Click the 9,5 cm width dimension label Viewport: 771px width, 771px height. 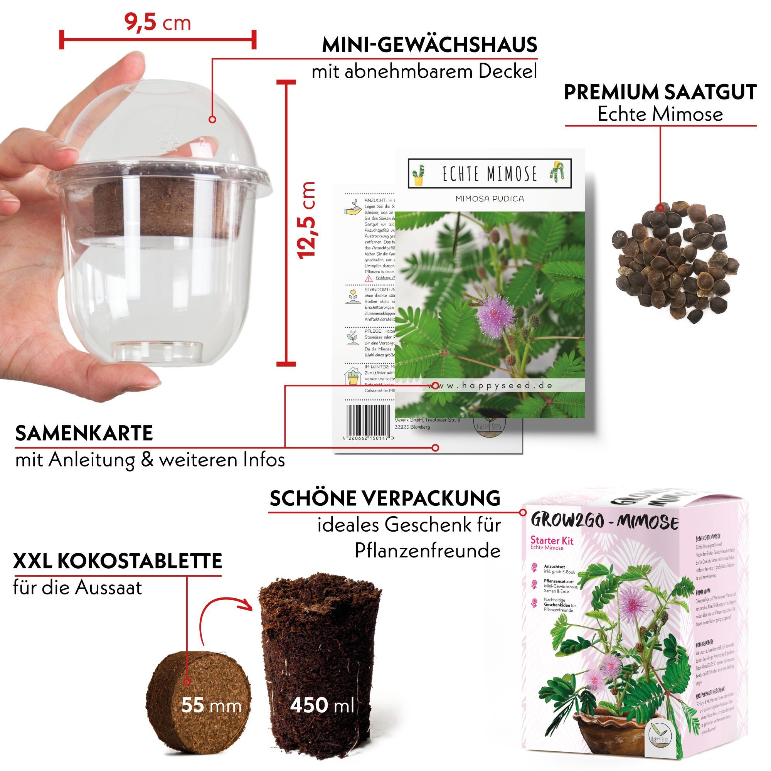pyautogui.click(x=158, y=23)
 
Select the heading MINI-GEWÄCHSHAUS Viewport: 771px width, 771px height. pyautogui.click(x=429, y=45)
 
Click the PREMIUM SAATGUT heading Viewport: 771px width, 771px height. pyautogui.click(x=660, y=92)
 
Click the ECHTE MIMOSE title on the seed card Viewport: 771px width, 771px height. pyautogui.click(x=490, y=173)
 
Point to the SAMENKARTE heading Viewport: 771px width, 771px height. pyautogui.click(x=84, y=433)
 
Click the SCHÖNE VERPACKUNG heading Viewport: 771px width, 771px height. pyautogui.click(x=385, y=498)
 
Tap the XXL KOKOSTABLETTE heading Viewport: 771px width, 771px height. pyautogui.click(x=117, y=561)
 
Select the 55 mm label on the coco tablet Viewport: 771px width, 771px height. pyautogui.click(x=211, y=705)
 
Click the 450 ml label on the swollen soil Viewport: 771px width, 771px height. pyautogui.click(x=322, y=705)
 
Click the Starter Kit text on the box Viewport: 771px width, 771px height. pyautogui.click(x=552, y=541)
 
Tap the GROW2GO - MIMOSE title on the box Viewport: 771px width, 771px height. pyautogui.click(x=604, y=522)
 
